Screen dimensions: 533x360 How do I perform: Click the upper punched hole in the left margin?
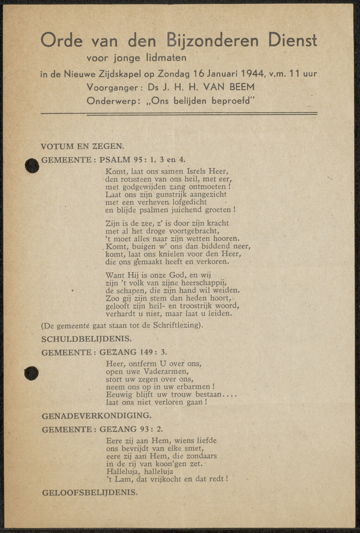click(x=32, y=166)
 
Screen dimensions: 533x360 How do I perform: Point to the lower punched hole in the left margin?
click(x=31, y=373)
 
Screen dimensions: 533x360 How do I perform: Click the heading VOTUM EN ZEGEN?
click(x=83, y=146)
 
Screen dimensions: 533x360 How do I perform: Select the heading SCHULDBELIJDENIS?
click(x=86, y=338)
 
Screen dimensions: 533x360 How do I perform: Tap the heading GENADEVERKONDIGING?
click(x=96, y=415)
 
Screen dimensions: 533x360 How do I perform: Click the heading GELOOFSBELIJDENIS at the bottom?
click(x=89, y=492)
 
